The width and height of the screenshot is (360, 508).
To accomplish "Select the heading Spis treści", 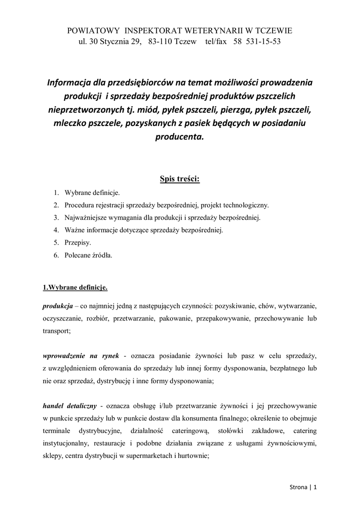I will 180,178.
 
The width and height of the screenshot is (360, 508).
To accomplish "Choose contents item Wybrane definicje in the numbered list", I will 92,192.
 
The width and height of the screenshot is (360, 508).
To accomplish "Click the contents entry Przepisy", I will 78,243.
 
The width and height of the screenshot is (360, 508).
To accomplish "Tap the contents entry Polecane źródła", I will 88,256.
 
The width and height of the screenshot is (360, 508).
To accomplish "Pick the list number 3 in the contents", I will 56,218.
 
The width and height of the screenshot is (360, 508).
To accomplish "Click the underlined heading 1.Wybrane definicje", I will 75,287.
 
